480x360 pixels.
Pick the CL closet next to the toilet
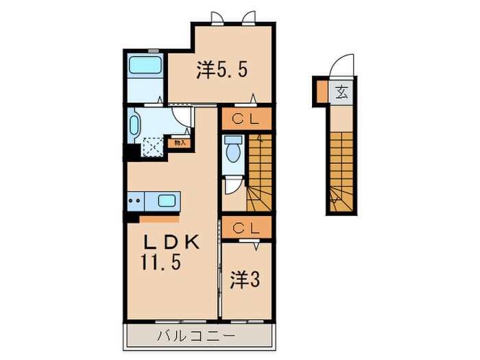tap(245, 119)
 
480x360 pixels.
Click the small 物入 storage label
tap(180, 143)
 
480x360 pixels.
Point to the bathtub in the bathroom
tap(145, 66)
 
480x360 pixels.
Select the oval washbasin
tap(134, 125)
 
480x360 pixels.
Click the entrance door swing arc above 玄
tap(340, 69)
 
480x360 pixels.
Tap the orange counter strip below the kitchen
tap(159, 219)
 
